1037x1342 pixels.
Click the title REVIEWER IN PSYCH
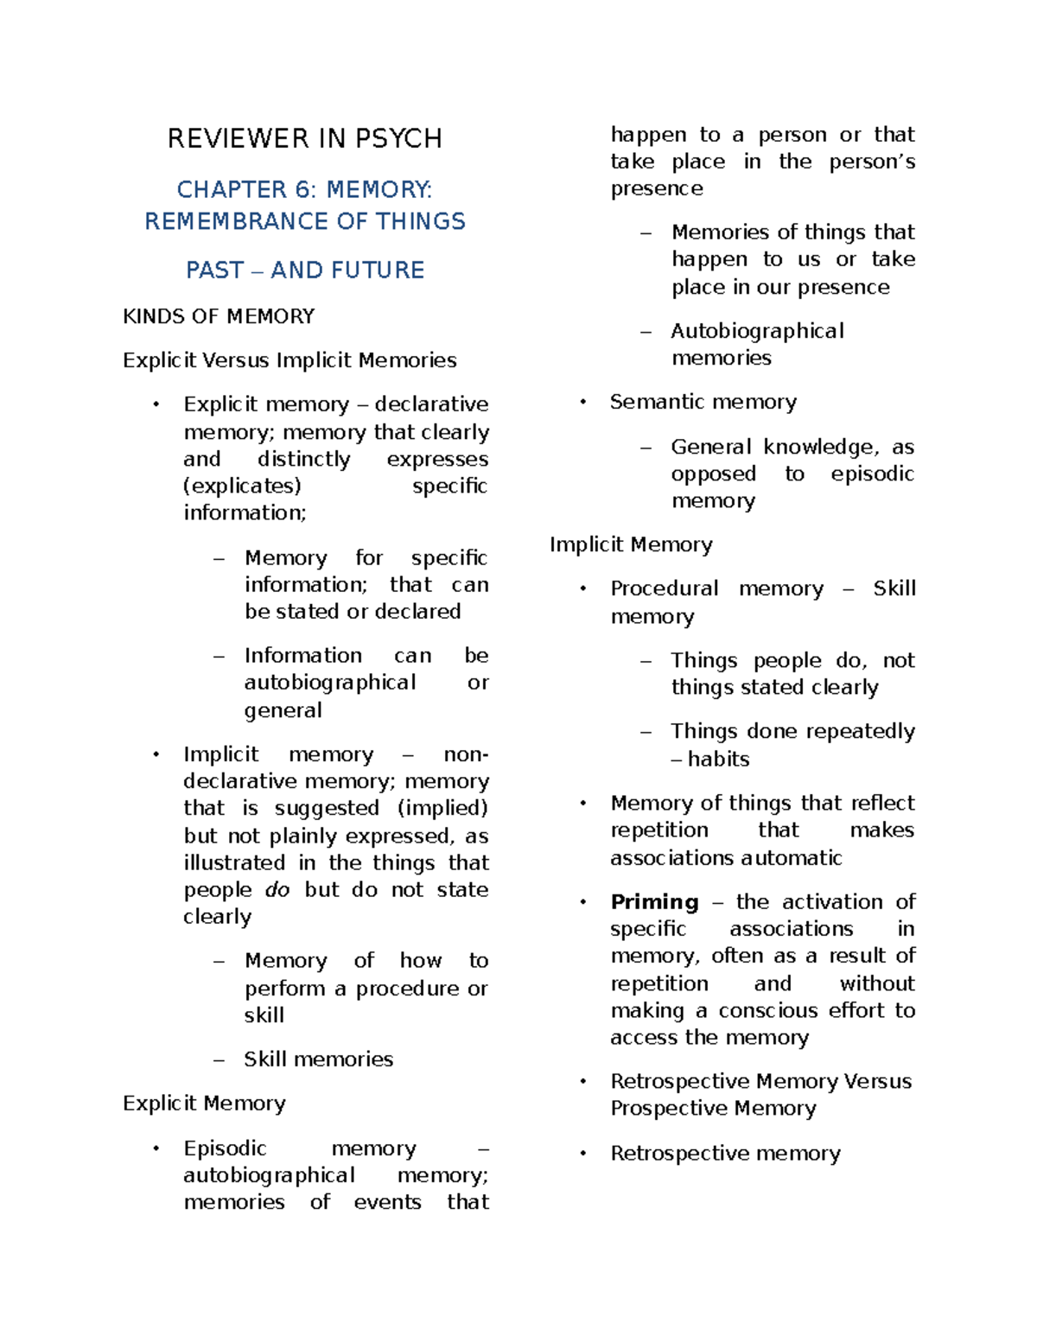pyautogui.click(x=304, y=138)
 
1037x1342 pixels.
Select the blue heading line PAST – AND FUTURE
pyautogui.click(x=304, y=270)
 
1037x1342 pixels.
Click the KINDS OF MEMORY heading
pyautogui.click(x=219, y=316)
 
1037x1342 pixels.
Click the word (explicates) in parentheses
pyautogui.click(x=242, y=486)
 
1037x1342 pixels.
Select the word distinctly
pyautogui.click(x=303, y=459)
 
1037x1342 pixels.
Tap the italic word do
pyautogui.click(x=277, y=890)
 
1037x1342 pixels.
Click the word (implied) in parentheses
pyautogui.click(x=442, y=808)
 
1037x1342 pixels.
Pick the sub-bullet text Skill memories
pyautogui.click(x=318, y=1059)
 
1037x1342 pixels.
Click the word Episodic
pyautogui.click(x=225, y=1148)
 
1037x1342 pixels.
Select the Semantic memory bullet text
pyautogui.click(x=703, y=402)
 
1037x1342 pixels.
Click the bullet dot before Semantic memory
pyautogui.click(x=583, y=402)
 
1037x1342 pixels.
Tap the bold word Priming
pyautogui.click(x=654, y=902)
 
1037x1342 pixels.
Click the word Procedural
pyautogui.click(x=664, y=588)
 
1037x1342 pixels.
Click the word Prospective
pyautogui.click(x=664, y=1109)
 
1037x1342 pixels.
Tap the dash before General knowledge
pyautogui.click(x=646, y=448)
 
